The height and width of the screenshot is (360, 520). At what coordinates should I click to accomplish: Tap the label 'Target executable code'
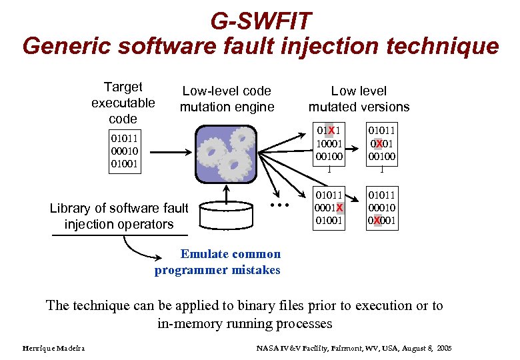tap(123, 103)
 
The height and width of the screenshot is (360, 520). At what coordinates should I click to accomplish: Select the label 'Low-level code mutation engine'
tap(227, 99)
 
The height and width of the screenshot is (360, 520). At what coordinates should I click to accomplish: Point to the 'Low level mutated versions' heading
tap(359, 99)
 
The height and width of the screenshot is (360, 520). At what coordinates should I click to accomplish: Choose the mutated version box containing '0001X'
tap(330, 209)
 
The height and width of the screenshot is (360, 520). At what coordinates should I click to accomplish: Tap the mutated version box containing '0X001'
tap(382, 209)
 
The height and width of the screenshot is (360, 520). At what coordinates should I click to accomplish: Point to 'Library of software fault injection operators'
tap(119, 216)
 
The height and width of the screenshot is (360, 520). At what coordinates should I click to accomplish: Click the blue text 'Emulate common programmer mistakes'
tap(218, 261)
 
